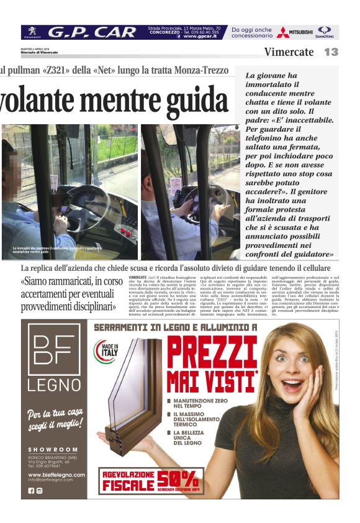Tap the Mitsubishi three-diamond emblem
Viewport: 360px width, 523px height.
pos(283,32)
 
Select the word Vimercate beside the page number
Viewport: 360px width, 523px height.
pos(289,52)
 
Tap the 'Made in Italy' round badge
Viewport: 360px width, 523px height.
pos(104,351)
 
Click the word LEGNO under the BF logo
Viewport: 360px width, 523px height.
pos(53,384)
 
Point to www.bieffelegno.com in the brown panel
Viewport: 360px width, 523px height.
pos(56,475)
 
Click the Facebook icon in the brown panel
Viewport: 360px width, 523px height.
pos(32,491)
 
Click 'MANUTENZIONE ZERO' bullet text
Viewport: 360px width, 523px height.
pos(198,404)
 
